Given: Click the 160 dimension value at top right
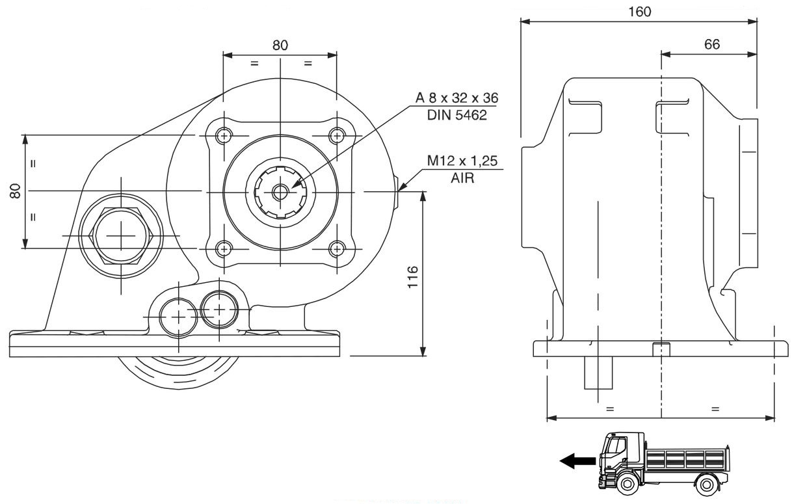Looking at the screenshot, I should point(640,11).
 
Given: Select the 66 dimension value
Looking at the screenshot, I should point(712,44).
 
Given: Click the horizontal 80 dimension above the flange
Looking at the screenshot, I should point(280,45).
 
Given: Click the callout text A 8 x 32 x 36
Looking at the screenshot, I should point(457,98).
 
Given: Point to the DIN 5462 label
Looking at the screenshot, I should point(457,115).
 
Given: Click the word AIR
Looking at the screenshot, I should point(462,178).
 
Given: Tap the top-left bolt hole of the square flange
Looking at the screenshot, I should point(224,136).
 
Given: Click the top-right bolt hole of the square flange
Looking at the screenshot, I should point(336,136).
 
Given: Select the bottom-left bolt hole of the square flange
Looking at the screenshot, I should point(224,248).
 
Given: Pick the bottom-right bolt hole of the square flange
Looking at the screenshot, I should point(336,248).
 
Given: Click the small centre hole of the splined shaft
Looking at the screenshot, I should point(280,192).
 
